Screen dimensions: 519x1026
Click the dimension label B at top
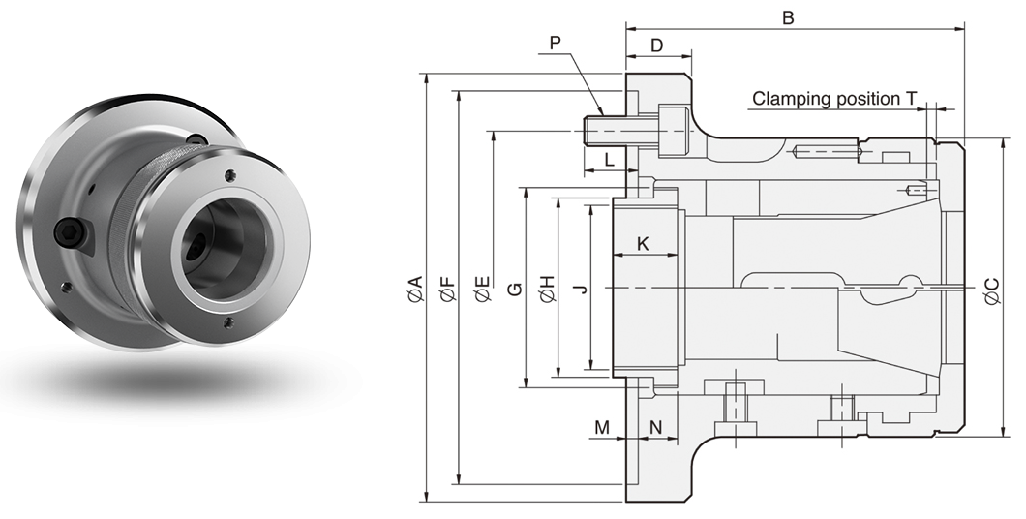(x=788, y=17)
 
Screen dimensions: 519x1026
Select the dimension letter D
(x=656, y=46)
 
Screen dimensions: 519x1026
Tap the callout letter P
(x=555, y=43)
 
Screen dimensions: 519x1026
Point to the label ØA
(x=414, y=288)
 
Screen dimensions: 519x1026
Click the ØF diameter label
(x=446, y=288)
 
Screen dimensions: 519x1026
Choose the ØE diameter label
(x=481, y=288)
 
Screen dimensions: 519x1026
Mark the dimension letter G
(x=515, y=288)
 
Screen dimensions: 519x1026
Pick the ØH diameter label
(x=547, y=288)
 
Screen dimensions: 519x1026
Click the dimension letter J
(x=579, y=288)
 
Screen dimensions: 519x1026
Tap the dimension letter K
(x=644, y=244)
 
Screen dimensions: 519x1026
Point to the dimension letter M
(x=602, y=427)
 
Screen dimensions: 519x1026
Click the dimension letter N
(x=655, y=427)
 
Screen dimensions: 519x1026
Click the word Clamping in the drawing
(x=788, y=98)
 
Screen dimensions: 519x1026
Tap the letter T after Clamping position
(x=911, y=98)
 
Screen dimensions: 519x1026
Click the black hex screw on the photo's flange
(x=70, y=231)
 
